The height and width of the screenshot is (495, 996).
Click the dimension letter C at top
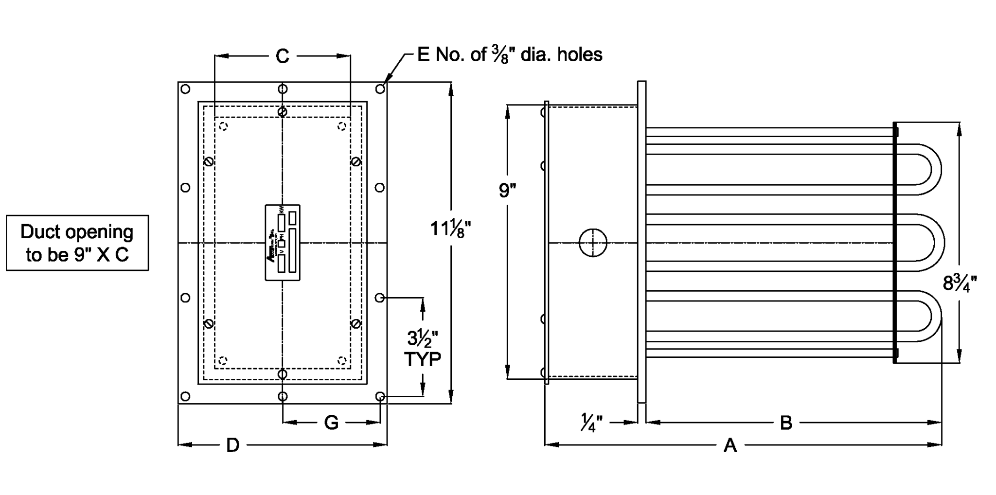[282, 56]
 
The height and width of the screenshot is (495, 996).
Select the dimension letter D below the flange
[233, 444]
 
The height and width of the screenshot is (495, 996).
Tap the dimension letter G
[331, 423]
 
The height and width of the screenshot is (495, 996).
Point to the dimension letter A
[730, 445]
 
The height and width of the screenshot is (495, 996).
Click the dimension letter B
[786, 423]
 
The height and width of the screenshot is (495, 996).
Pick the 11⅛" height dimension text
[450, 228]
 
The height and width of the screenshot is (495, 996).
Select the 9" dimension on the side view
[507, 190]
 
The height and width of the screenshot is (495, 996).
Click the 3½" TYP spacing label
[423, 347]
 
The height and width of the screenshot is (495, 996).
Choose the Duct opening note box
[77, 243]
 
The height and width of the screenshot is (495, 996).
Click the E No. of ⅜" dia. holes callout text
[509, 54]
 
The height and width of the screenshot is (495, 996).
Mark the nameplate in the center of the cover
[283, 243]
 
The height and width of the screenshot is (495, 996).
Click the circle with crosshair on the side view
[593, 243]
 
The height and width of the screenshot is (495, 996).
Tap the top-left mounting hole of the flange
[185, 89]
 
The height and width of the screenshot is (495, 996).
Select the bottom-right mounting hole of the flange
[380, 397]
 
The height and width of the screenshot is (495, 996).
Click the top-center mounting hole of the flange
[283, 89]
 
